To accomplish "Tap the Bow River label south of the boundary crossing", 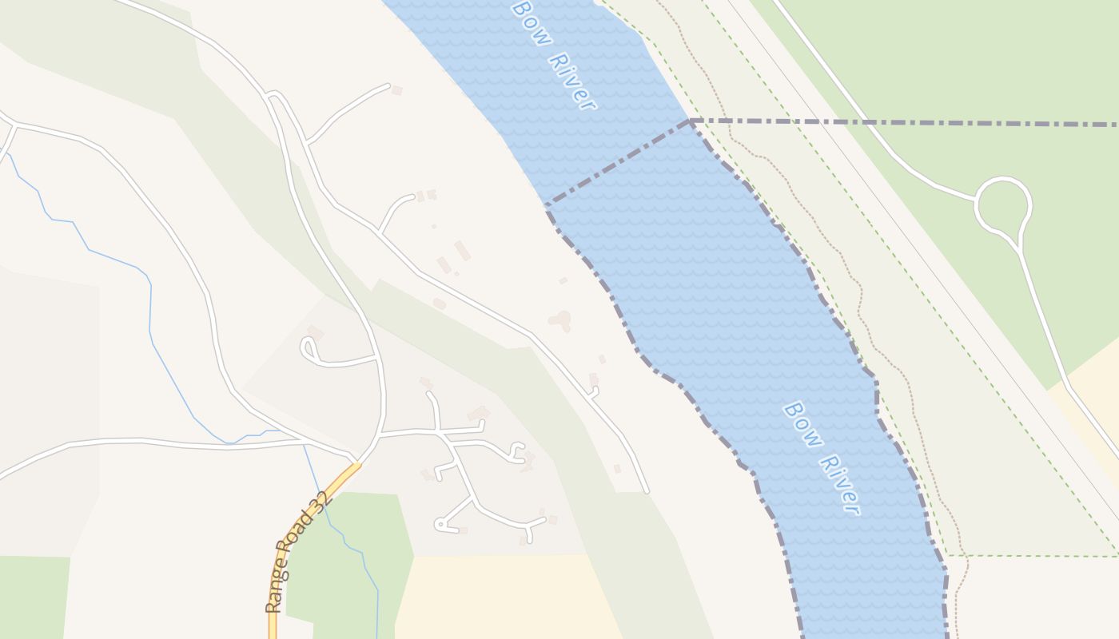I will point(821,458).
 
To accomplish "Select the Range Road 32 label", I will point(297,552).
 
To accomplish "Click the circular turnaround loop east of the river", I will point(1003,205).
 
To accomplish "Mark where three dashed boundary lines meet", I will point(690,121).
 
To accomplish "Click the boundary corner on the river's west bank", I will point(547,204).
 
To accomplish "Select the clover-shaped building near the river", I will point(561,320).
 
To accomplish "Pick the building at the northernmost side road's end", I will point(396,90).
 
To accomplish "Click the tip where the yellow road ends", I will point(356,465).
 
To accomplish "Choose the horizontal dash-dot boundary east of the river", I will point(903,123).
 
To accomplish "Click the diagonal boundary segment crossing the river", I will point(617,162).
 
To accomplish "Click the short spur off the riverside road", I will point(593,392).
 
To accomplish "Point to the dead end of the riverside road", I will point(647,491).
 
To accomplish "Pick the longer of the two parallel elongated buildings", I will point(462,251).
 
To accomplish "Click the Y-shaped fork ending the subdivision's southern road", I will point(528,526).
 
